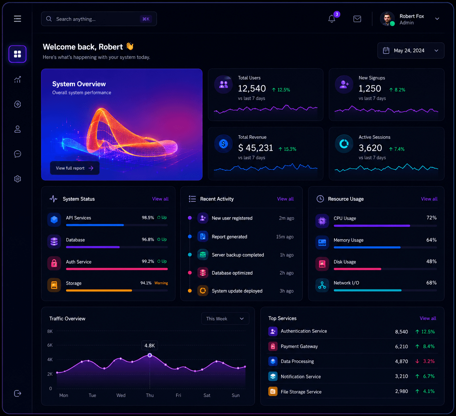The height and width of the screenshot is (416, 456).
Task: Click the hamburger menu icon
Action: point(17,19)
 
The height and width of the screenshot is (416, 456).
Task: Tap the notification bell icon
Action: point(332,19)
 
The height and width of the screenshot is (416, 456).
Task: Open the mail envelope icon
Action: point(357,19)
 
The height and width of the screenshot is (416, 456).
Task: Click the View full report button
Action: point(75,168)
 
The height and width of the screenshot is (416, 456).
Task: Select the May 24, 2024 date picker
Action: point(411,51)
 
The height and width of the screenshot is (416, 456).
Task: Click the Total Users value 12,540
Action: point(252,88)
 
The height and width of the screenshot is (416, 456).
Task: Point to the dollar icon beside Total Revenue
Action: point(223,144)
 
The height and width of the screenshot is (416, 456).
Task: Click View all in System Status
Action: point(160,199)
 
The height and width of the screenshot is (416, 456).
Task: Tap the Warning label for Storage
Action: point(161,283)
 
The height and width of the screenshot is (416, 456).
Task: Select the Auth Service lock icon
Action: point(54,263)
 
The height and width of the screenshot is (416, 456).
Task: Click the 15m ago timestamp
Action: point(285,237)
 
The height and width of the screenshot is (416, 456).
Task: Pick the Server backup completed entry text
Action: point(238,255)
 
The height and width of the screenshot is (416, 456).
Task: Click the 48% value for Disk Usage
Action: point(431,262)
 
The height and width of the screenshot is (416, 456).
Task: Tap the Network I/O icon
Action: point(322,285)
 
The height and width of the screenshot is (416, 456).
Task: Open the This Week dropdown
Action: point(225,319)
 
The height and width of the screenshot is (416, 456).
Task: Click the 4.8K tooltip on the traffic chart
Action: point(149,346)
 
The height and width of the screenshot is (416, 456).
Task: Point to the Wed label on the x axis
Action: point(121,395)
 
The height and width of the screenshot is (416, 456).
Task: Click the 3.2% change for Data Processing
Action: point(429,361)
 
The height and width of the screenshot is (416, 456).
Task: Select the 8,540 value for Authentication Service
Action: point(401,332)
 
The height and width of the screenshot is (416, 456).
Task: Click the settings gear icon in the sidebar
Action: point(17,179)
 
